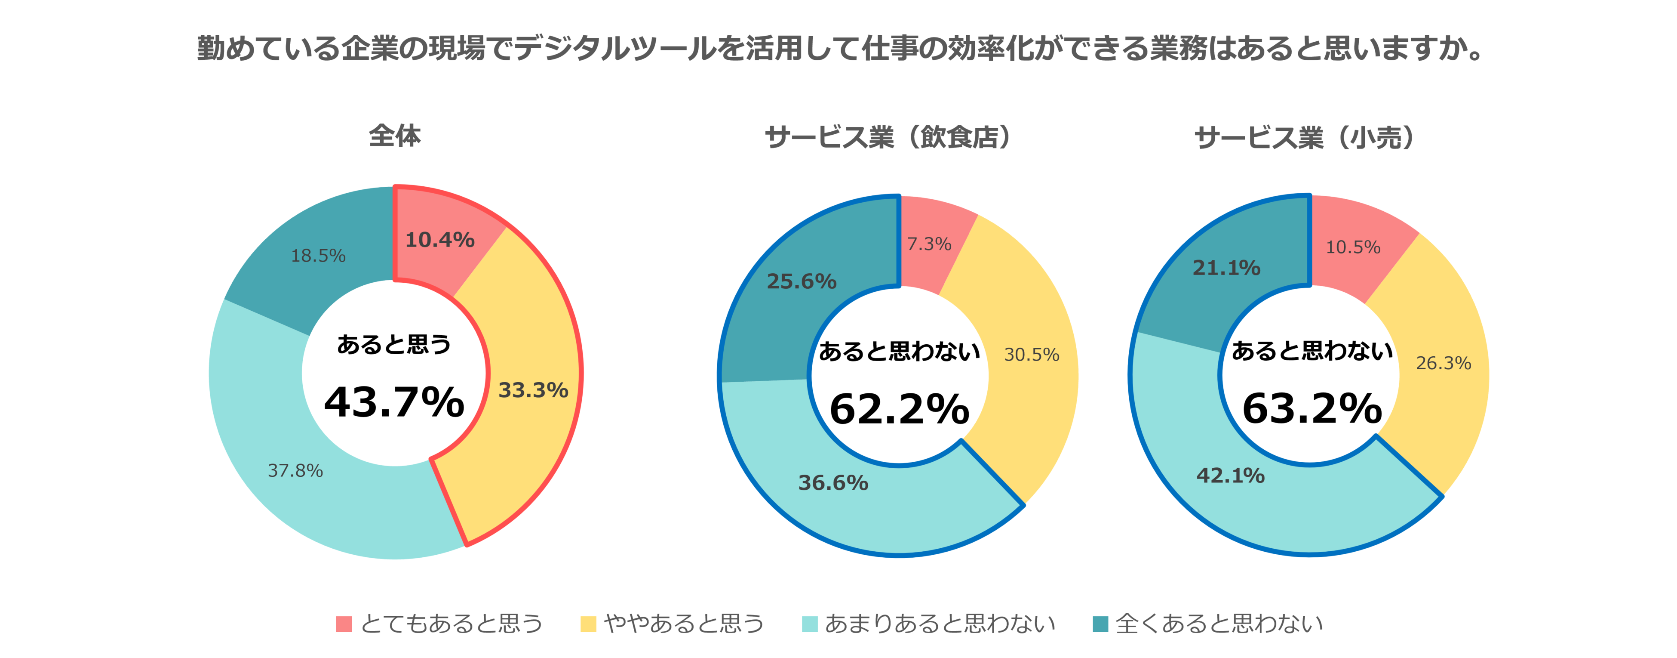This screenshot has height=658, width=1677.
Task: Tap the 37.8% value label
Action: pyautogui.click(x=295, y=470)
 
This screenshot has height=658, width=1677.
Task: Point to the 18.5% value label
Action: pyautogui.click(x=318, y=255)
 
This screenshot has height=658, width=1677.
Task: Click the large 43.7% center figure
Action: pyautogui.click(x=394, y=402)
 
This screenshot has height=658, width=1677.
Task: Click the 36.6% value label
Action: pyautogui.click(x=832, y=483)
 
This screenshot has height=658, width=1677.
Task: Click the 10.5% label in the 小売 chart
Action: pyautogui.click(x=1353, y=247)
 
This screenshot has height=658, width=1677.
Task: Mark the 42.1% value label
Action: pyautogui.click(x=1230, y=476)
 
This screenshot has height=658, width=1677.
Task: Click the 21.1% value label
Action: pyautogui.click(x=1226, y=267)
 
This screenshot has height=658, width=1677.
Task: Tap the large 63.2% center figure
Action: pyautogui.click(x=1311, y=408)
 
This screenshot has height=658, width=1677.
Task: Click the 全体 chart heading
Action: pyautogui.click(x=394, y=136)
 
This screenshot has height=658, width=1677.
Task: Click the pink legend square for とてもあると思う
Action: pyautogui.click(x=344, y=624)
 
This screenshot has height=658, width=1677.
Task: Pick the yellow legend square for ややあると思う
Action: pyautogui.click(x=588, y=624)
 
